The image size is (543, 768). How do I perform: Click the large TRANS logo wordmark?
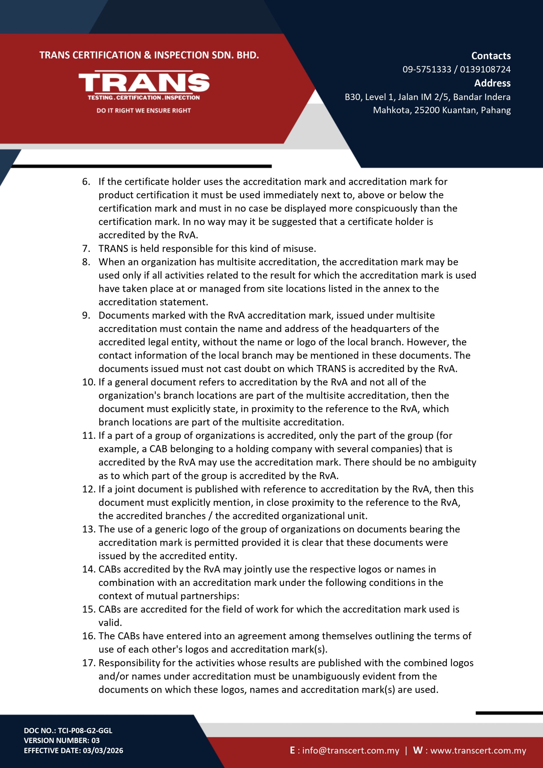pos(144,82)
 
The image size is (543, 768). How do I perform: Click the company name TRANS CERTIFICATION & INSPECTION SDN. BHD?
pos(149,55)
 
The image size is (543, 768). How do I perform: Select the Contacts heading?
pos(491,55)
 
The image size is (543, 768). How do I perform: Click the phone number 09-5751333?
pos(427,69)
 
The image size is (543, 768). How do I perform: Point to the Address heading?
pos(492,83)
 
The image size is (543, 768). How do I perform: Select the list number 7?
pos(86,248)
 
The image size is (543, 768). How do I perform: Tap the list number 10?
pos(89,382)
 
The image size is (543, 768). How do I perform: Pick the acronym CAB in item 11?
pos(158,449)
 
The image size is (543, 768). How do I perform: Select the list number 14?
pos(89,569)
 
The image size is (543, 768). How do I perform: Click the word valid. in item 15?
pos(110,622)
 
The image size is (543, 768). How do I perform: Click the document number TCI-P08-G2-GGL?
pos(85,730)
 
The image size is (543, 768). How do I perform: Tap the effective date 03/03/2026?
pos(103,750)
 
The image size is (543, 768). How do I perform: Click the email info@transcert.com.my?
pos(351,750)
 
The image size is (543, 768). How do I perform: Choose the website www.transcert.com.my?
pos(478,750)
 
